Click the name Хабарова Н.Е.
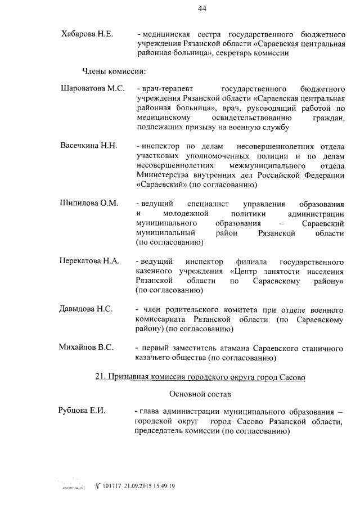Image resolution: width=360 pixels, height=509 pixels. tap(87, 34)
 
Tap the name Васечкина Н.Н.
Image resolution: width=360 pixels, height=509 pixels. tap(88, 146)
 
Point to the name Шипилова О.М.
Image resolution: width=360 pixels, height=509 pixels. tap(89, 203)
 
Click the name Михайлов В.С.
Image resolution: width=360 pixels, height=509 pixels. tap(87, 348)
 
